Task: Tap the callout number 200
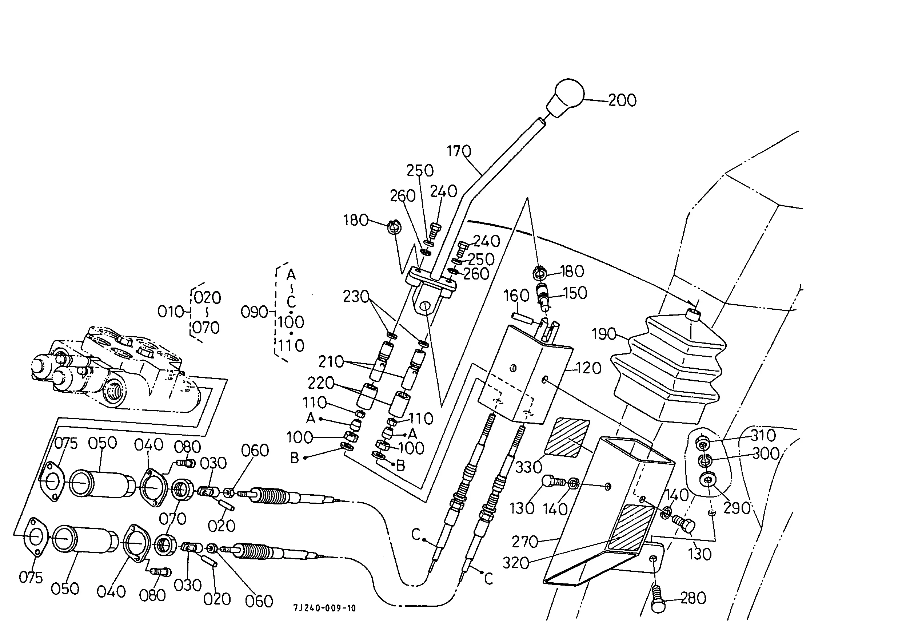click(x=622, y=100)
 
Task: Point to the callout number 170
click(x=459, y=151)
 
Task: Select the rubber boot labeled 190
click(x=668, y=366)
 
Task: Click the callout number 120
click(x=589, y=368)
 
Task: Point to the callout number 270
click(x=525, y=541)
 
